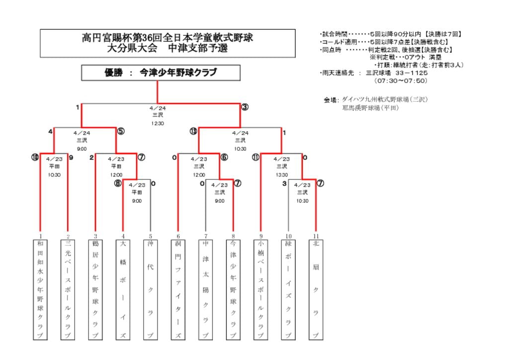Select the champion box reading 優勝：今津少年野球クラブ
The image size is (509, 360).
161,73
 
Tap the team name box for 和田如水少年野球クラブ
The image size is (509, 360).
40,289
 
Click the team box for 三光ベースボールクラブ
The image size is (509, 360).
68,289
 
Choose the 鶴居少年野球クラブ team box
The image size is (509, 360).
95,289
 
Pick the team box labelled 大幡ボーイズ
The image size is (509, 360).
123,289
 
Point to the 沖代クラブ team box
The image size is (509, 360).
150,289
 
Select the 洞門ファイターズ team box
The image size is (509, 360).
178,289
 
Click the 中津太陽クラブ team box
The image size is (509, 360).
205,289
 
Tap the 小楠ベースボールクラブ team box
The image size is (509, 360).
260,289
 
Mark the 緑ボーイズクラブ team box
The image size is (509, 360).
288,289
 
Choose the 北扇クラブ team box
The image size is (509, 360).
315,289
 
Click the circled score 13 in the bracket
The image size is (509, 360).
193,131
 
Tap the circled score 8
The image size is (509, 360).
117,183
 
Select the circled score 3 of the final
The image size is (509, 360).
245,107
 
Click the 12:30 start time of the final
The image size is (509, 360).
158,123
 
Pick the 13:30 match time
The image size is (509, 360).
281,175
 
